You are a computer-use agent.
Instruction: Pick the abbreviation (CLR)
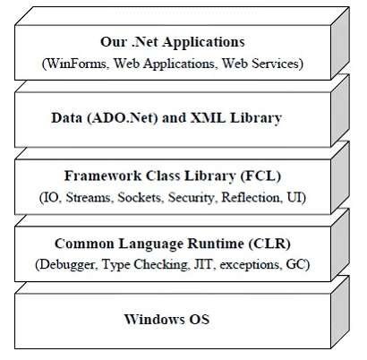(x=271, y=243)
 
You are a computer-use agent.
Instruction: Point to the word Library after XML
(x=255, y=116)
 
